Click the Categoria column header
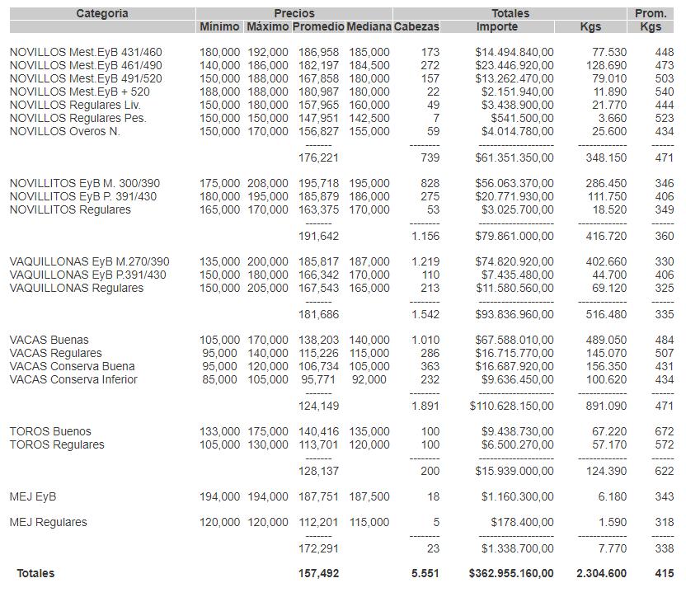(102, 13)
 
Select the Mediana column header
(369, 27)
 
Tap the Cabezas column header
(417, 27)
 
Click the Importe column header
(497, 27)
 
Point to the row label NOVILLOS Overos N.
(65, 131)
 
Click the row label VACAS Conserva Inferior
(73, 379)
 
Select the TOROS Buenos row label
(50, 431)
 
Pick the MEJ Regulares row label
(48, 522)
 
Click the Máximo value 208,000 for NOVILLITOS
(268, 183)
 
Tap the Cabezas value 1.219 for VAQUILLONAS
(425, 261)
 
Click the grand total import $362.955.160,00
(511, 573)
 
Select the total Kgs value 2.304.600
(601, 573)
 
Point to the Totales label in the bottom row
(35, 573)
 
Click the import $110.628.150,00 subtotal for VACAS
(512, 406)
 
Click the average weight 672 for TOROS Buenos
(665, 431)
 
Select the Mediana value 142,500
(369, 118)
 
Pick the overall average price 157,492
(318, 573)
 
